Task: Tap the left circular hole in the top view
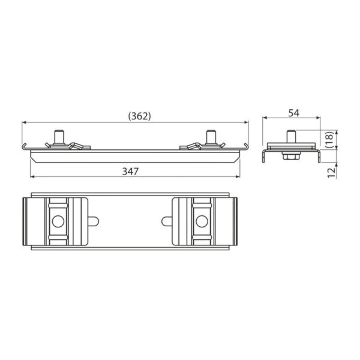pos(58,221)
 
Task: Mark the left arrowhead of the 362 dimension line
pos(25,122)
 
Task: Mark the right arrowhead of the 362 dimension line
pos(246,122)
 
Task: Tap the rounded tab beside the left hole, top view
pos(94,221)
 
